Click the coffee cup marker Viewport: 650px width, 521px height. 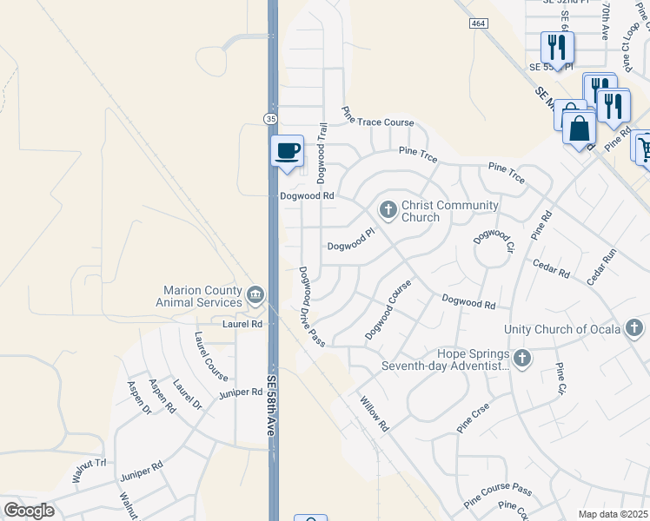[287, 151]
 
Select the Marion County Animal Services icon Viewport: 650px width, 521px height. [255, 295]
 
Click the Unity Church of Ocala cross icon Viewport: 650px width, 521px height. [634, 328]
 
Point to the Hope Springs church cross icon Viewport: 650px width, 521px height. [521, 358]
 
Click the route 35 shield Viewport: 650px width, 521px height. [271, 118]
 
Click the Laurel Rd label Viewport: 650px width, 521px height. [242, 324]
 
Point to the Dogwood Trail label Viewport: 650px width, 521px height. [322, 152]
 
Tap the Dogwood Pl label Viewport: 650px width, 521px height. [350, 246]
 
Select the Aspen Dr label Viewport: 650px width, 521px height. [139, 397]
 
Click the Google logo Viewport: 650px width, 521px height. [29, 511]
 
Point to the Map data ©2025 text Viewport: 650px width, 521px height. [613, 514]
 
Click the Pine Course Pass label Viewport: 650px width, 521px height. [497, 496]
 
